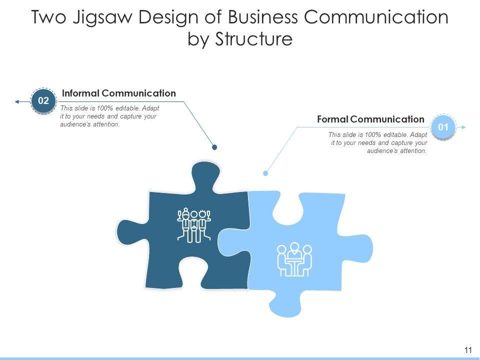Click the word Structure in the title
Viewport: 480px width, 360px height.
click(x=254, y=39)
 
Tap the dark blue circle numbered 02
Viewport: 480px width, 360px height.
click(x=43, y=101)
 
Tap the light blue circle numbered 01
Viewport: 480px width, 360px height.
click(x=443, y=127)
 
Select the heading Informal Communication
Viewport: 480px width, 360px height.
click(x=118, y=93)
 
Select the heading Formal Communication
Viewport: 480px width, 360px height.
click(x=370, y=119)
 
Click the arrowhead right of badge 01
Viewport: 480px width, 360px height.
click(x=463, y=127)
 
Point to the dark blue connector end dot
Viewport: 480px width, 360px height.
click(x=214, y=147)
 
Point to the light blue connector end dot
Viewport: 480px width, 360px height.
click(x=265, y=173)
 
